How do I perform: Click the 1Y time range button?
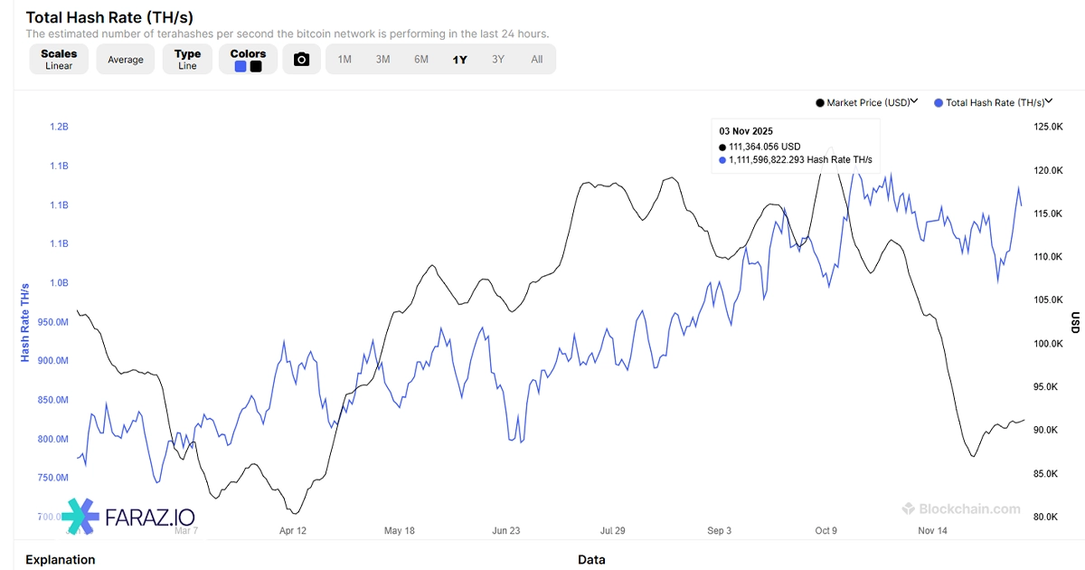(x=460, y=60)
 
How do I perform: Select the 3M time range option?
(x=382, y=60)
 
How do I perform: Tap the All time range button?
(x=537, y=60)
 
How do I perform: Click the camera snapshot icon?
(x=302, y=60)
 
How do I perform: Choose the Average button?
(x=126, y=60)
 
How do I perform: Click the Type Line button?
(x=187, y=60)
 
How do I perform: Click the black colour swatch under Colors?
(x=256, y=66)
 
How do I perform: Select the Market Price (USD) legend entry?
(x=866, y=103)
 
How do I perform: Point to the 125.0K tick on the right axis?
(x=1048, y=127)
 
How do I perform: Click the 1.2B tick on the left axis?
(x=59, y=127)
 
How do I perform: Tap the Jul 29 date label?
(x=613, y=531)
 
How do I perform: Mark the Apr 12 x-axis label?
(x=293, y=531)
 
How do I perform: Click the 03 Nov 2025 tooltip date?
(x=746, y=131)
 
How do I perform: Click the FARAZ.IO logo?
(x=128, y=517)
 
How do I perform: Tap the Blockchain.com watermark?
(x=961, y=509)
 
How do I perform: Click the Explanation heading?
(x=60, y=560)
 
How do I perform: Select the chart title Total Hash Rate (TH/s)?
(x=109, y=17)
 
